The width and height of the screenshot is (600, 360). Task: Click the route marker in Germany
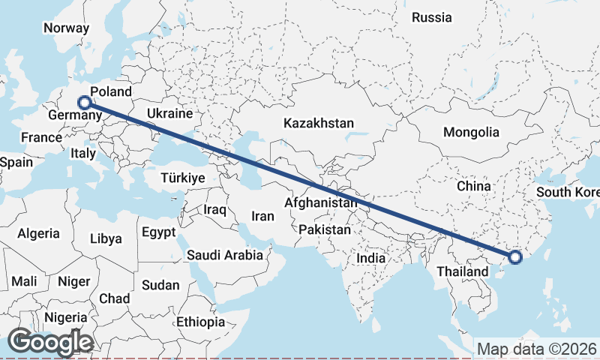click(x=85, y=103)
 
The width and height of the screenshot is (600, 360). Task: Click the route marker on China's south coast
click(x=514, y=257)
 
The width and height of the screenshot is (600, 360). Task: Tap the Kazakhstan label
click(x=319, y=123)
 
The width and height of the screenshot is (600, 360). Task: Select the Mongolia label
click(x=471, y=132)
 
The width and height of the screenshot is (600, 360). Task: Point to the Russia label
click(x=432, y=17)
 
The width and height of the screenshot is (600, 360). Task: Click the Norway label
click(x=66, y=28)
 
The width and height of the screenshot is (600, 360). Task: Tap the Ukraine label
click(x=170, y=113)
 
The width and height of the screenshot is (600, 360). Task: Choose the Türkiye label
click(x=183, y=178)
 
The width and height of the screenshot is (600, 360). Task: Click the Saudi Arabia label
click(x=225, y=255)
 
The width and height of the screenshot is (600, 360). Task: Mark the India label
click(x=370, y=258)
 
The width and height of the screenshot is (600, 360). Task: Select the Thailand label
click(x=463, y=270)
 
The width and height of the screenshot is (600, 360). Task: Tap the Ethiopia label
click(x=200, y=322)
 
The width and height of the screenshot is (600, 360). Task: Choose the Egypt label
click(x=158, y=232)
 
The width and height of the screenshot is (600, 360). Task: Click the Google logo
click(x=50, y=342)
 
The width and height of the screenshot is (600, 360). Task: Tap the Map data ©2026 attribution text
click(x=537, y=349)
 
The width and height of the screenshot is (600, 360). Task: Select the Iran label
click(x=262, y=216)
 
